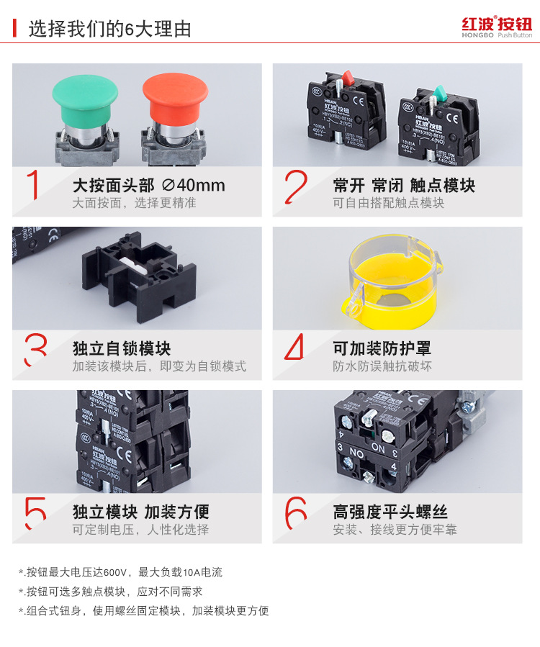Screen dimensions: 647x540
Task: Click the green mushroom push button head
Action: coord(86,94)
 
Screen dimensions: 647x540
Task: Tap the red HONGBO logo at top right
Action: coord(496,27)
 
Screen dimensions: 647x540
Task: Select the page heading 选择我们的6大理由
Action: coord(109,30)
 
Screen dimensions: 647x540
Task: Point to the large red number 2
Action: coord(295,186)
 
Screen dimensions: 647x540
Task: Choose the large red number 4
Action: coord(295,349)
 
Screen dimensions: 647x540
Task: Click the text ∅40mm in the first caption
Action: coord(194,186)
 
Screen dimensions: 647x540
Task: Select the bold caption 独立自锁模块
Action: coord(121,349)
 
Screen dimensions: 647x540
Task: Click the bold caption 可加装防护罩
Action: coord(382,349)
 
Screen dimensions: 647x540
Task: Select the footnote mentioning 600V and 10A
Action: coord(121,573)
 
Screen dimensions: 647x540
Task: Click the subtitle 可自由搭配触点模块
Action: coord(388,203)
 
